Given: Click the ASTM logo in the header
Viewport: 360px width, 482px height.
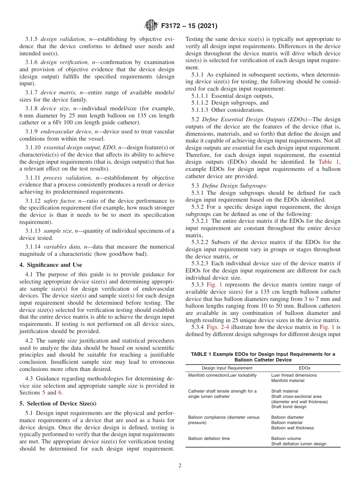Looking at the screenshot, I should [x=152, y=26].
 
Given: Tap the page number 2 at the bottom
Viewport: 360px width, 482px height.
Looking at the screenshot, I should [x=180, y=466].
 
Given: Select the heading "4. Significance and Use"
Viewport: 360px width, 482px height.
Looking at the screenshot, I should [x=50, y=265].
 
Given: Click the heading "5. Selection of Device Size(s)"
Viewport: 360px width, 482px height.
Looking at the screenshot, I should [x=58, y=404].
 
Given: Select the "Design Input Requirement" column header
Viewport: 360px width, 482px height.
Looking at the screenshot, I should [x=222, y=368].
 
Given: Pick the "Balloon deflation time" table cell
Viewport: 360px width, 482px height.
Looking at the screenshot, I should [x=209, y=438].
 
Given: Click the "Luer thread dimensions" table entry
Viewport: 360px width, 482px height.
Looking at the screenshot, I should [x=294, y=375].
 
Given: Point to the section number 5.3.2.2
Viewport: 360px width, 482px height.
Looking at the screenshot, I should [x=201, y=242].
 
